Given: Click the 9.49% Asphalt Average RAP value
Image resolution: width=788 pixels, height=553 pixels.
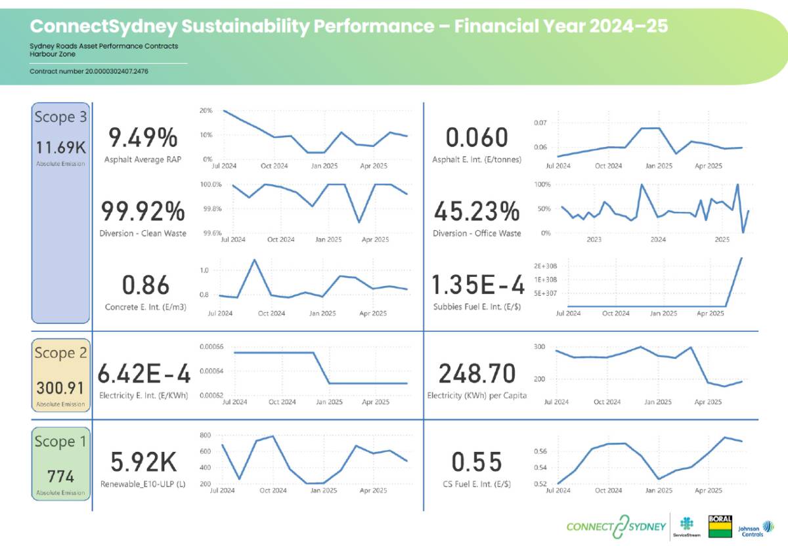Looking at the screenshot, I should (142, 138).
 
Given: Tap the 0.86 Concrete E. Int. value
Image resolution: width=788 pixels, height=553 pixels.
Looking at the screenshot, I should (146, 285).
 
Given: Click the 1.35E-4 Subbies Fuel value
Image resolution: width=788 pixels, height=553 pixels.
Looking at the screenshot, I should (478, 285).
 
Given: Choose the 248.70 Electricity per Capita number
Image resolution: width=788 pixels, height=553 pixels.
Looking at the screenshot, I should (477, 374).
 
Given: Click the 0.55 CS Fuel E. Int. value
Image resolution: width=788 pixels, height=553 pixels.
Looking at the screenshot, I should (477, 462).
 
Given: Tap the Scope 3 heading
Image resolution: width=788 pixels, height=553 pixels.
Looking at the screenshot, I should (60, 117).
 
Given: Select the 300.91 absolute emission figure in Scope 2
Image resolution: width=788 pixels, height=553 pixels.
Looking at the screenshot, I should (60, 387).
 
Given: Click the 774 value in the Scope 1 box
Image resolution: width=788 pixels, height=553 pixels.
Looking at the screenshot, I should (60, 476).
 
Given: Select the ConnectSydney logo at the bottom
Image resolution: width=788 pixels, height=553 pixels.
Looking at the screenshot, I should (615, 527).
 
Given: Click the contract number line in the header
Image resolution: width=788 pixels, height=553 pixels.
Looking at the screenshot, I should (88, 71).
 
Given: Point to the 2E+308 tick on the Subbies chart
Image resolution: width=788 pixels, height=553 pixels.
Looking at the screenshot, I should (546, 266).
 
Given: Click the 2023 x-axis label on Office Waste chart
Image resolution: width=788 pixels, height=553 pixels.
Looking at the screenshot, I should (594, 240).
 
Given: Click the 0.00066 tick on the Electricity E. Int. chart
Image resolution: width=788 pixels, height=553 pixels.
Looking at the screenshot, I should (210, 346).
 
